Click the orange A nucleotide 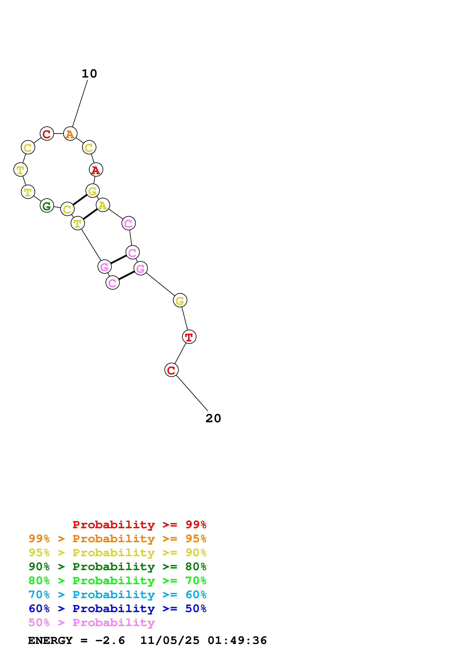tap(70, 134)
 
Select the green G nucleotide tap(47, 206)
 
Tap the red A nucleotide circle tap(96, 170)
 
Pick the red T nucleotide tap(189, 337)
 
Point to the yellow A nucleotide tap(103, 205)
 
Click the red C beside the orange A tap(47, 134)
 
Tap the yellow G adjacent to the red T tap(180, 301)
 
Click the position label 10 tap(89, 74)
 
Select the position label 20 tap(213, 418)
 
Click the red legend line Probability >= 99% tap(139, 525)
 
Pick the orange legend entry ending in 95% tap(117, 539)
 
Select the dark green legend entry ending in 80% tap(117, 567)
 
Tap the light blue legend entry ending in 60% tap(117, 595)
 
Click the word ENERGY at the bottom tap(50, 640)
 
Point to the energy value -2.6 tap(110, 640)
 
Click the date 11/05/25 tap(170, 640)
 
